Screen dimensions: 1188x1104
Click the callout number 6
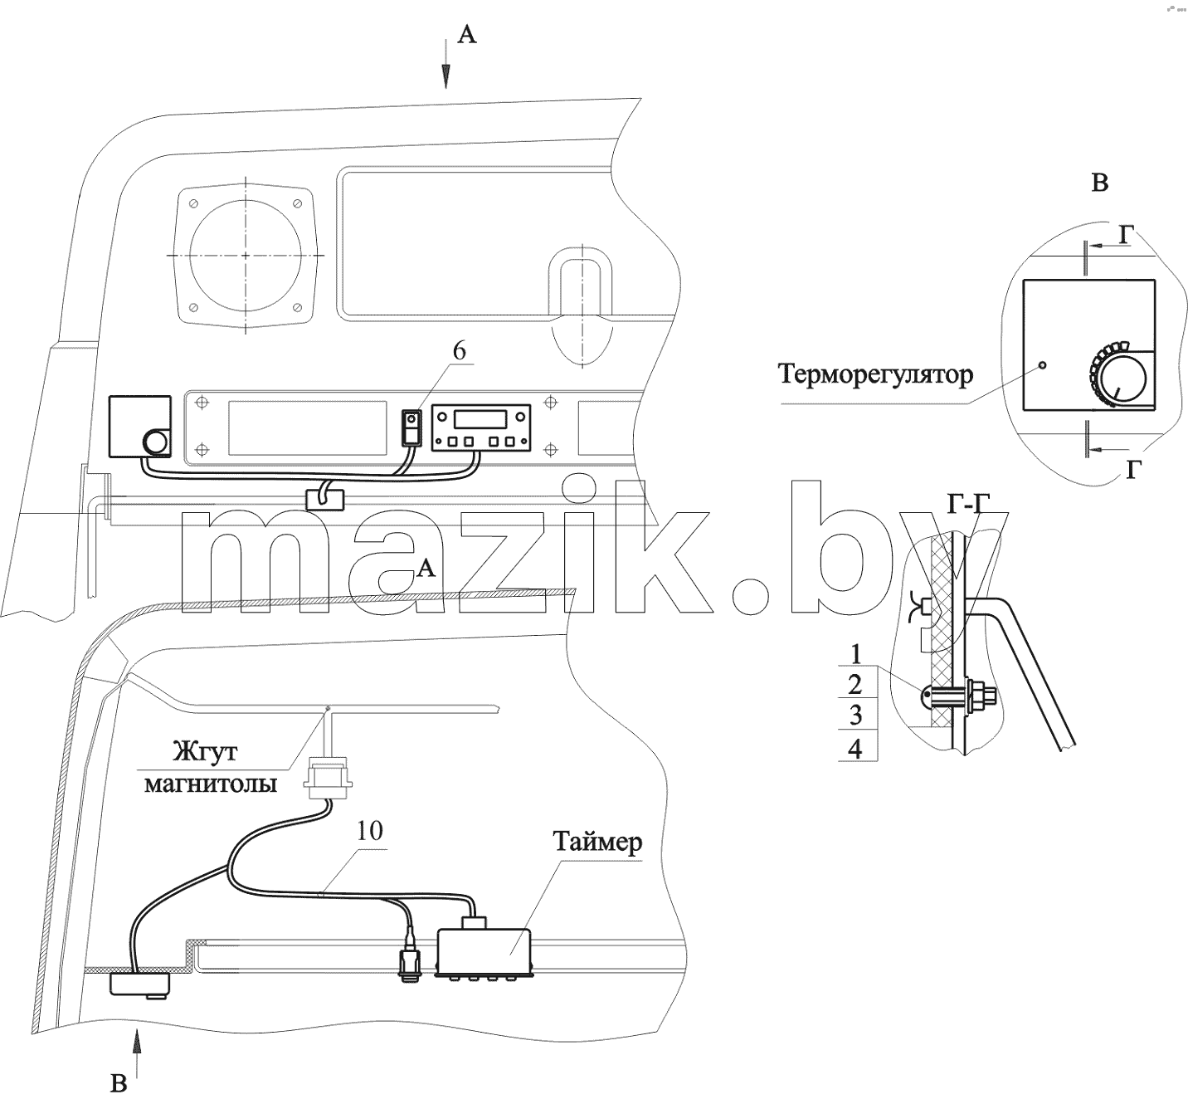pos(459,351)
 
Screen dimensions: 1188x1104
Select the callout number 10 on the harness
pos(370,830)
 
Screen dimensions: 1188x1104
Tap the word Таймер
pos(597,842)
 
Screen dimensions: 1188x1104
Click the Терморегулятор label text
pos(875,375)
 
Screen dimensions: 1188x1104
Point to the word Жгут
pos(205,750)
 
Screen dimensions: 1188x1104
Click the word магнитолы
pos(211,784)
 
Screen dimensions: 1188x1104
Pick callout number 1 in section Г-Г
pos(856,654)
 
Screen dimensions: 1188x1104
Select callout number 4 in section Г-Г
pos(856,749)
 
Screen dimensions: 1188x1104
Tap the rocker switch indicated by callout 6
pos(411,427)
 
